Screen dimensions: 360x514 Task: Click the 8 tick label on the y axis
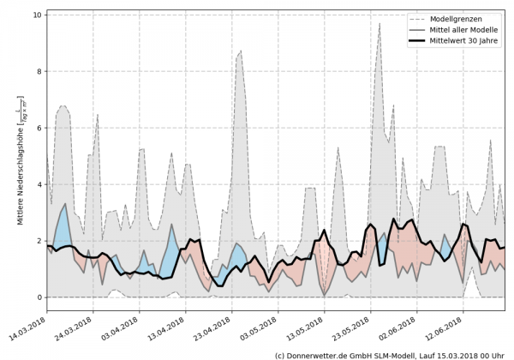[39, 71]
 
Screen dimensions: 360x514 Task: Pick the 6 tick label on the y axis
[39, 128]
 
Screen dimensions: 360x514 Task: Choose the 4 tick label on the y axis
[39, 184]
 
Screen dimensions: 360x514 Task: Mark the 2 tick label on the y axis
[39, 241]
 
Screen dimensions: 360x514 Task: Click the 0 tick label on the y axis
[39, 297]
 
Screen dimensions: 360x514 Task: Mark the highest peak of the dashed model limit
[380, 24]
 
